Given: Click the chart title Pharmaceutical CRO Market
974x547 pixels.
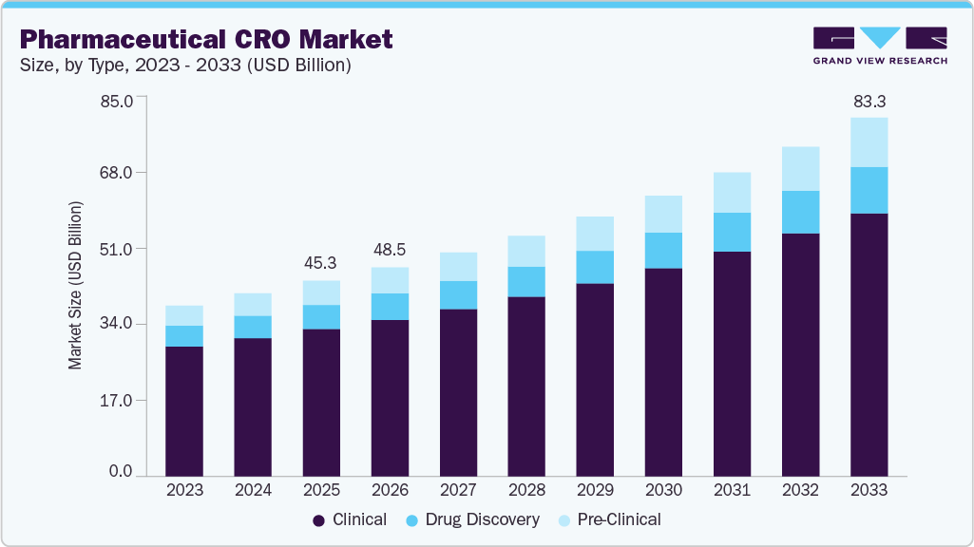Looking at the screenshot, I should click(205, 39).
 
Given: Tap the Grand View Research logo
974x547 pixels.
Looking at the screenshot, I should click(879, 46).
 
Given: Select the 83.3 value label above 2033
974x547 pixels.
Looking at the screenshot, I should click(869, 101).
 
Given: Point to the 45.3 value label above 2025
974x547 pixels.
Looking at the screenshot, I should click(321, 262).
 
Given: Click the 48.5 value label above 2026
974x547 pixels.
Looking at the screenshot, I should click(390, 250).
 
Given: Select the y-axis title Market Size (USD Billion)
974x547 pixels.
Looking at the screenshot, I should click(75, 286).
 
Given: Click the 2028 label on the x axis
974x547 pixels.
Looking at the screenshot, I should click(526, 490).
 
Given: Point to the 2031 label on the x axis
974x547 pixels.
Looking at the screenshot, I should click(732, 490).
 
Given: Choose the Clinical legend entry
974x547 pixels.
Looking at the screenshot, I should click(350, 519).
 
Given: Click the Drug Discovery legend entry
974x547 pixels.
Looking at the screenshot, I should click(471, 519).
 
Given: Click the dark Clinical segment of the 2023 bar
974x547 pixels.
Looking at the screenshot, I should click(184, 410).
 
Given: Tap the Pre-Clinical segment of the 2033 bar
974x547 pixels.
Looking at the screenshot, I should click(869, 142).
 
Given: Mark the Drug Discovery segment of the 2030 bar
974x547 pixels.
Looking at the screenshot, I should click(663, 251).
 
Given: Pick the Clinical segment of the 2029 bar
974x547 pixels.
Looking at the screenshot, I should click(595, 380).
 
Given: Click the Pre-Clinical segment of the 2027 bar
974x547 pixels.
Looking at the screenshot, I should click(458, 267).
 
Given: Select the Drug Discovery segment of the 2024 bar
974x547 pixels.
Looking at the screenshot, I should click(253, 327).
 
